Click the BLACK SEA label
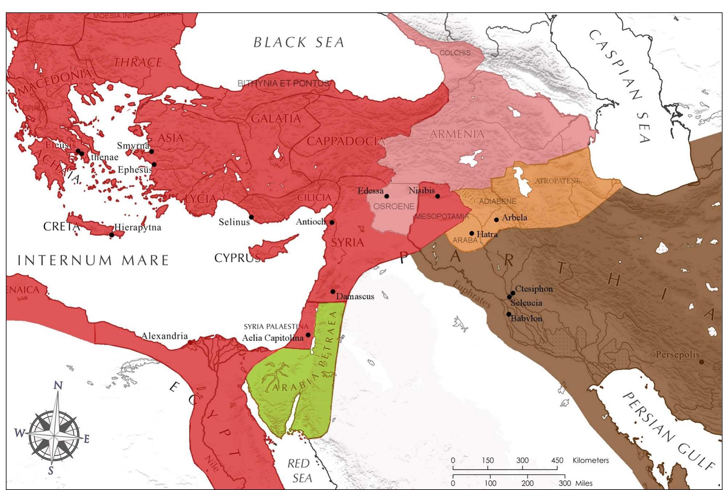[299, 42]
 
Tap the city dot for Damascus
[333, 291]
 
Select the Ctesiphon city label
[534, 289]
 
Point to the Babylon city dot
[509, 314]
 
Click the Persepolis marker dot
[701, 362]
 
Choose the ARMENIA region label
[457, 134]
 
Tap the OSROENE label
[394, 207]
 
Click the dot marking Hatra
[472, 233]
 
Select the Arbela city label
[514, 218]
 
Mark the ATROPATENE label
[558, 181]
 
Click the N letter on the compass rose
[58, 386]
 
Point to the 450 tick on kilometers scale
[557, 461]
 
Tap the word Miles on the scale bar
[584, 483]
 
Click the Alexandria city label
[164, 336]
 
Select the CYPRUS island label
[238, 258]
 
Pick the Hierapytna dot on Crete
[112, 235]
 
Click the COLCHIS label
[455, 53]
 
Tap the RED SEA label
[300, 471]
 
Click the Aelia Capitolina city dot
[308, 335]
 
